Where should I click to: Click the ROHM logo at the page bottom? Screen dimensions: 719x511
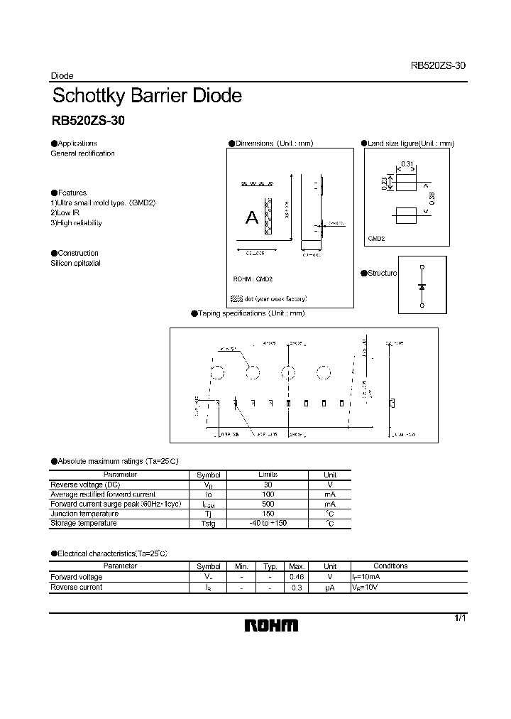tap(272, 625)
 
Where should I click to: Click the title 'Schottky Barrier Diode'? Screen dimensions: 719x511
tap(147, 96)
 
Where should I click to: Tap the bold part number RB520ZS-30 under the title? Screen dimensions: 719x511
tap(88, 121)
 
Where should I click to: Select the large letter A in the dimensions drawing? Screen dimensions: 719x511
tap(252, 218)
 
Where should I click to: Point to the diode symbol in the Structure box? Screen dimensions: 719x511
tap(422, 286)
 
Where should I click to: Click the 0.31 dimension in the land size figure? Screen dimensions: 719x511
tap(407, 165)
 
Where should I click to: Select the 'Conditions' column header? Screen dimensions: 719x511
tap(390, 566)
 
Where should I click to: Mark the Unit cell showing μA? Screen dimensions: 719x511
tap(330, 588)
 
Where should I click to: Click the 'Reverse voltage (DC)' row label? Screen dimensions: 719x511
tap(80, 485)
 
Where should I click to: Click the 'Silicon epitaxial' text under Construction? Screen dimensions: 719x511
tap(75, 263)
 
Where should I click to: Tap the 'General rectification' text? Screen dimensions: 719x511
tap(82, 153)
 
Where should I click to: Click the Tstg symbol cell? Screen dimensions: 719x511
tap(209, 524)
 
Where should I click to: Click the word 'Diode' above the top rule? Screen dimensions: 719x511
tap(62, 76)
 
